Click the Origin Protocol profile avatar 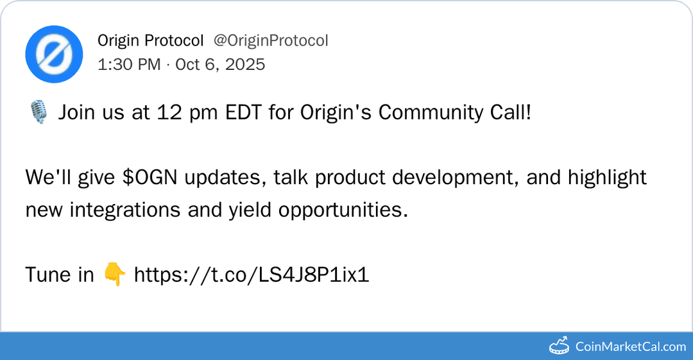pyautogui.click(x=54, y=54)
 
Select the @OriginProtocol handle pyautogui.click(x=271, y=41)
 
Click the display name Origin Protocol pyautogui.click(x=150, y=41)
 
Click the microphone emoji pyautogui.click(x=38, y=114)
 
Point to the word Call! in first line pyautogui.click(x=511, y=113)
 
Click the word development pyautogui.click(x=451, y=178)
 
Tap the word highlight pyautogui.click(x=606, y=178)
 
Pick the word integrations pyautogui.click(x=124, y=210)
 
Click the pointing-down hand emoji pyautogui.click(x=114, y=275)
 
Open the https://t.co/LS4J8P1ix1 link pyautogui.click(x=252, y=275)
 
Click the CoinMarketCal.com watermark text pyautogui.click(x=630, y=347)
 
